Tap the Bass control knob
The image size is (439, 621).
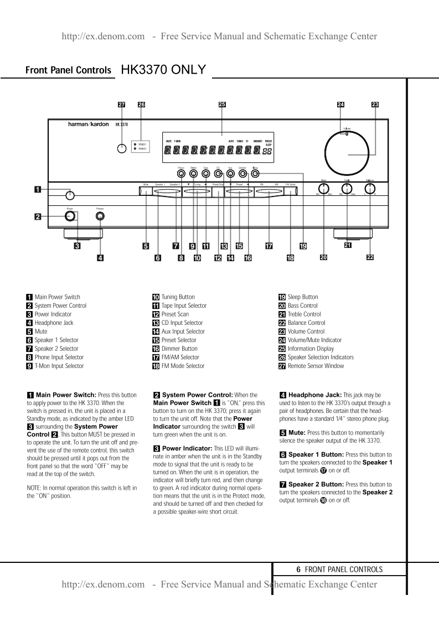324,188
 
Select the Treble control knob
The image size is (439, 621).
347,188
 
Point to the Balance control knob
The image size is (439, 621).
369,188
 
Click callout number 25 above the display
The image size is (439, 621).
222,104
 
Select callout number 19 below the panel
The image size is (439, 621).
303,246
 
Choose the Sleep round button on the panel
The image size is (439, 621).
255,173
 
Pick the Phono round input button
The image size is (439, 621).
181,173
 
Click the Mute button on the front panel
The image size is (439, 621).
145,192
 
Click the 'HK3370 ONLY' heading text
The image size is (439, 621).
163,70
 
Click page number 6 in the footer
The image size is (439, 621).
298,569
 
